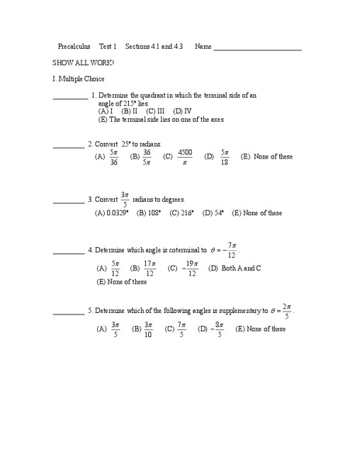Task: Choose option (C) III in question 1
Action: (x=156, y=111)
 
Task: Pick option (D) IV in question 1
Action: (x=182, y=111)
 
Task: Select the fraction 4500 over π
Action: (x=185, y=157)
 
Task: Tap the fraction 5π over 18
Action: (x=225, y=157)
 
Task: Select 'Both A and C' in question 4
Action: (x=236, y=268)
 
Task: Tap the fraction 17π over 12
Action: (x=150, y=269)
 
